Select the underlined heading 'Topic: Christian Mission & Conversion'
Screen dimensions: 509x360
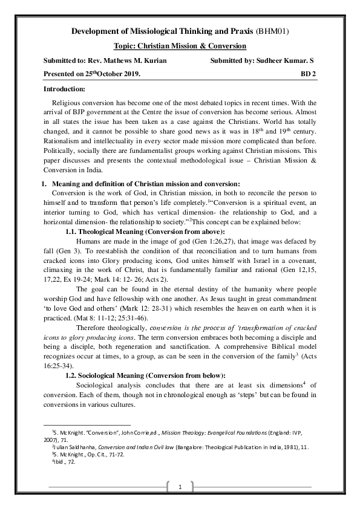(x=180, y=46)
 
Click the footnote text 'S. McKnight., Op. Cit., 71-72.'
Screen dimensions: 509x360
(x=91, y=454)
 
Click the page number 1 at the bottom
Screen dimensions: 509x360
(x=180, y=487)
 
